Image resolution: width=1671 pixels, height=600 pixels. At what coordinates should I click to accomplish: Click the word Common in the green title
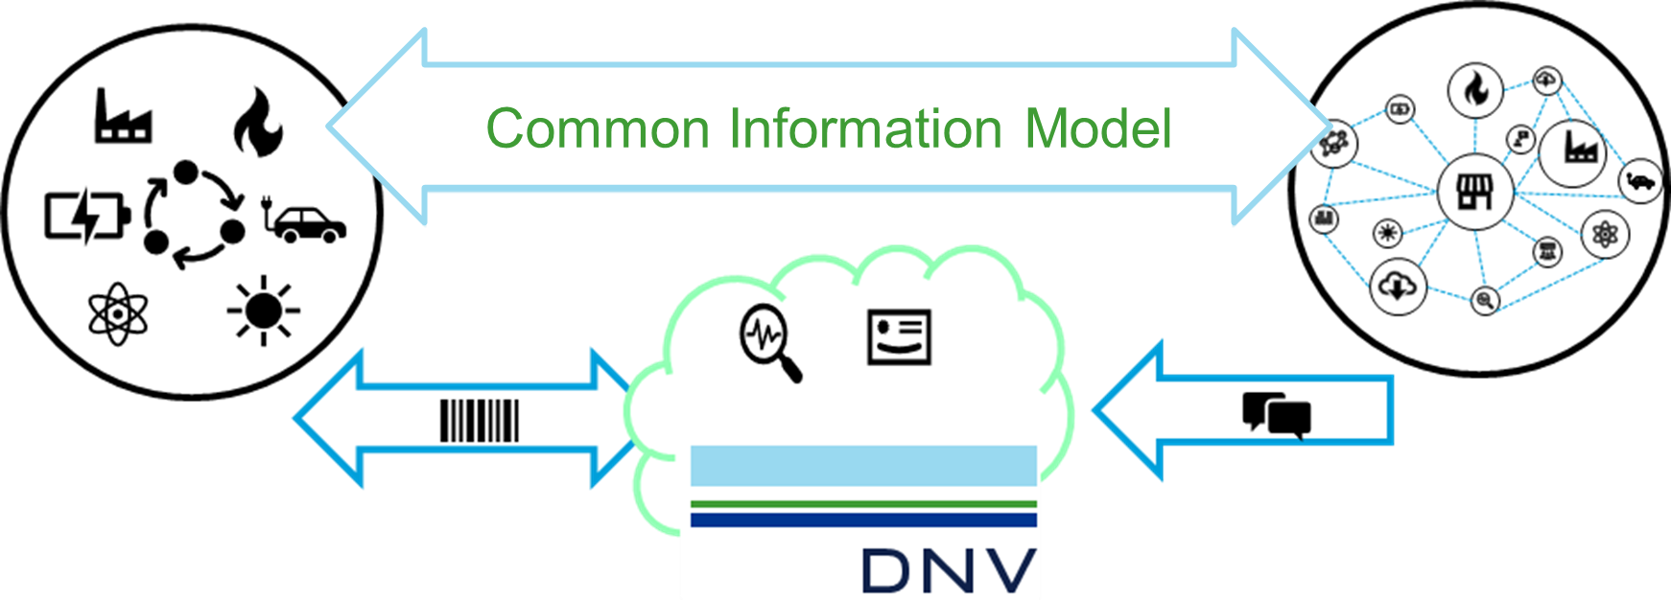click(x=597, y=128)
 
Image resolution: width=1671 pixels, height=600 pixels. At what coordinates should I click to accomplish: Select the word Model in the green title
click(x=1098, y=128)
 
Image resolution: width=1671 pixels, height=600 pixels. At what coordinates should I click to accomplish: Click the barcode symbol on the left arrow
click(x=480, y=421)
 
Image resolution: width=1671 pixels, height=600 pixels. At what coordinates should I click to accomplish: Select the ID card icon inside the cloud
click(x=899, y=336)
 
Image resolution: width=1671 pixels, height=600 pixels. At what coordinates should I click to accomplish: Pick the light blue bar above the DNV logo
click(x=863, y=465)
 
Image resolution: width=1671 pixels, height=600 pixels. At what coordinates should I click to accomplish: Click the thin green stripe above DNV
click(x=863, y=504)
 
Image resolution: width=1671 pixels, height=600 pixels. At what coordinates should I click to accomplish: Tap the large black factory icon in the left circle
click(x=122, y=116)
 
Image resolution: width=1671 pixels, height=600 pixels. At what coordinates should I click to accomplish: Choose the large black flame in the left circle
click(x=258, y=122)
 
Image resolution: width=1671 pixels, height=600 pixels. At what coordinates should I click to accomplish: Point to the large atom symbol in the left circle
click(x=118, y=313)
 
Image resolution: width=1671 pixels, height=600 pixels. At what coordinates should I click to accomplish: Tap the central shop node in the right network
click(x=1475, y=192)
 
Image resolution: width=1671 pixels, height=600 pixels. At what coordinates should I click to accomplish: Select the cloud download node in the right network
click(x=1398, y=286)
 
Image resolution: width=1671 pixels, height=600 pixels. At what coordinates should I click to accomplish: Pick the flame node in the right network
click(x=1475, y=90)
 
